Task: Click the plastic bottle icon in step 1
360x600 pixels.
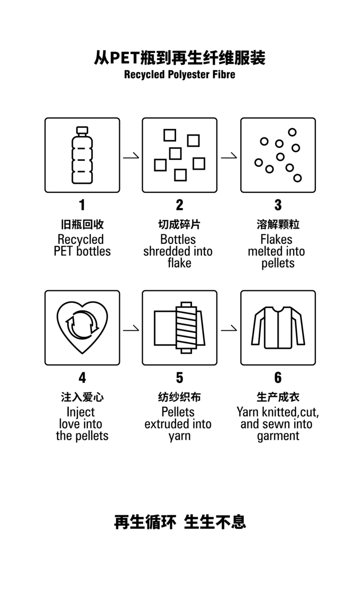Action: [x=82, y=155]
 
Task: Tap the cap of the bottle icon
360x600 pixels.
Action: [x=82, y=130]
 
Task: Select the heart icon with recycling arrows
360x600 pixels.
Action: [x=82, y=327]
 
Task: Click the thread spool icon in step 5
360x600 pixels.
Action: [x=186, y=327]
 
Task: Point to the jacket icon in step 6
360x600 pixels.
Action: [x=278, y=327]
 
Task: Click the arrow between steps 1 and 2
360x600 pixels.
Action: [x=131, y=157]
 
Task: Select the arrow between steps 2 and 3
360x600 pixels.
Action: [x=229, y=157]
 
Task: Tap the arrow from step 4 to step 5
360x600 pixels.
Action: [x=131, y=330]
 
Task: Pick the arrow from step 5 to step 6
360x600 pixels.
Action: [x=229, y=330]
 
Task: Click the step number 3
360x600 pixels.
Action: [x=278, y=205]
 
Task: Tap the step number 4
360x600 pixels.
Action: [x=82, y=378]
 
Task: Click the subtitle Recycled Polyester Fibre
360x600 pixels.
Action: [x=180, y=74]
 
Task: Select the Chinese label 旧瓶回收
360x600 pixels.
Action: [x=82, y=225]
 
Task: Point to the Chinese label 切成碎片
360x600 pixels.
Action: [x=180, y=225]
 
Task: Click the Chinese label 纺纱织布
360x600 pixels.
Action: [x=180, y=397]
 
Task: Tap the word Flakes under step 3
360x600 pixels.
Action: [x=276, y=239]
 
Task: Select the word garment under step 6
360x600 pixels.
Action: [x=278, y=436]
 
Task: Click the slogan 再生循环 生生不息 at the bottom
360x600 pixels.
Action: [x=180, y=522]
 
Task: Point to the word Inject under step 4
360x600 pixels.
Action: [x=81, y=412]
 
